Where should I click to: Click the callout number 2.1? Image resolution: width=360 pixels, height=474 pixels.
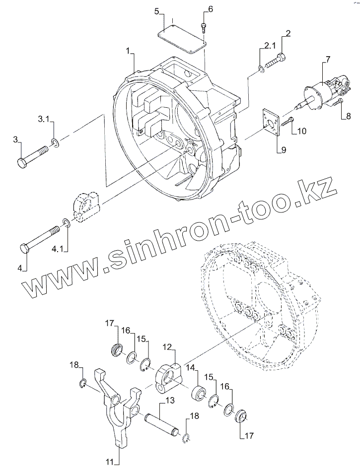pyautogui.click(x=269, y=46)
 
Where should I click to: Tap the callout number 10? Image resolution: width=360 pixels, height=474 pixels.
pyautogui.click(x=302, y=132)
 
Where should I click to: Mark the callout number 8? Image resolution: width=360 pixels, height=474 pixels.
pyautogui.click(x=348, y=117)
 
